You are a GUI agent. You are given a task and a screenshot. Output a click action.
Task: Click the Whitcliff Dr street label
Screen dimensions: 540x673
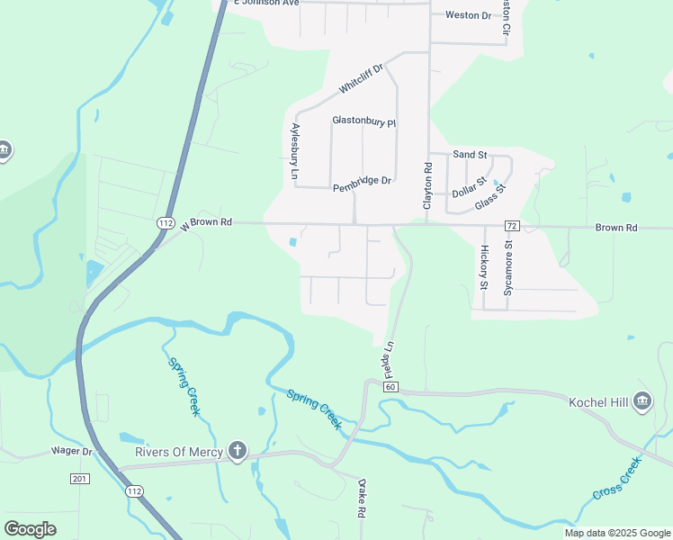click(x=361, y=78)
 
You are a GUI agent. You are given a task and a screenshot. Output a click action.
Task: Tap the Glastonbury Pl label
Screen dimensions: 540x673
click(x=363, y=121)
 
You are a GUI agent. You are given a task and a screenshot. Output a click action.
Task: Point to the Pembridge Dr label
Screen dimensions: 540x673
click(x=362, y=180)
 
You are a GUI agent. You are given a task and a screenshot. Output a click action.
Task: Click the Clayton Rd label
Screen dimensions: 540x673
click(x=428, y=185)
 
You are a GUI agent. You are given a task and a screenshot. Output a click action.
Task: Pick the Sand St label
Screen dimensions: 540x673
click(x=470, y=155)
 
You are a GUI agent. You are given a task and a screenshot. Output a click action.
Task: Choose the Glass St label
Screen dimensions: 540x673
click(x=491, y=197)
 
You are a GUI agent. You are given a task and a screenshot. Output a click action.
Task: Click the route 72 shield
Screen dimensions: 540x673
click(x=511, y=224)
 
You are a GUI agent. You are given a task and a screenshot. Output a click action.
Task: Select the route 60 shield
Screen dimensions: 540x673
click(x=390, y=386)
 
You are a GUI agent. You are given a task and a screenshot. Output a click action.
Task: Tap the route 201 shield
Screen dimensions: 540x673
click(x=79, y=478)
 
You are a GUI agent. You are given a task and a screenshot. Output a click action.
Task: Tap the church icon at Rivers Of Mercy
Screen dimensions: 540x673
click(x=238, y=451)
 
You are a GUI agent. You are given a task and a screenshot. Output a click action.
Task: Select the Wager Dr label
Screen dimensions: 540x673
click(x=72, y=450)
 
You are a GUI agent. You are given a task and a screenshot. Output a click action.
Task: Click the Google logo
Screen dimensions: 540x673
click(x=31, y=529)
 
